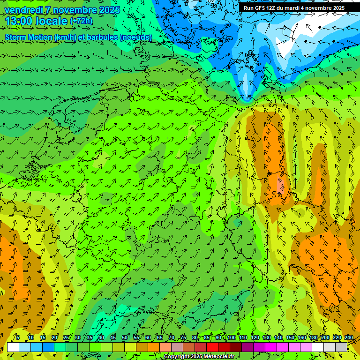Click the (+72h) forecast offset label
(x=81, y=21)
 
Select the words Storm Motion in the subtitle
(x=27, y=37)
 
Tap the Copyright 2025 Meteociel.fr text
(x=199, y=357)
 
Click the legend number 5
(x=18, y=338)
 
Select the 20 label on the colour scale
(x=54, y=338)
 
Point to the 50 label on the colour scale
(x=125, y=338)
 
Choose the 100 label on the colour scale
(x=231, y=338)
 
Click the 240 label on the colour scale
(x=348, y=338)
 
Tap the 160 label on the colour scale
(x=301, y=338)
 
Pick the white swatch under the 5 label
(x=13, y=347)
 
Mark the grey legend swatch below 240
(x=341, y=347)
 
